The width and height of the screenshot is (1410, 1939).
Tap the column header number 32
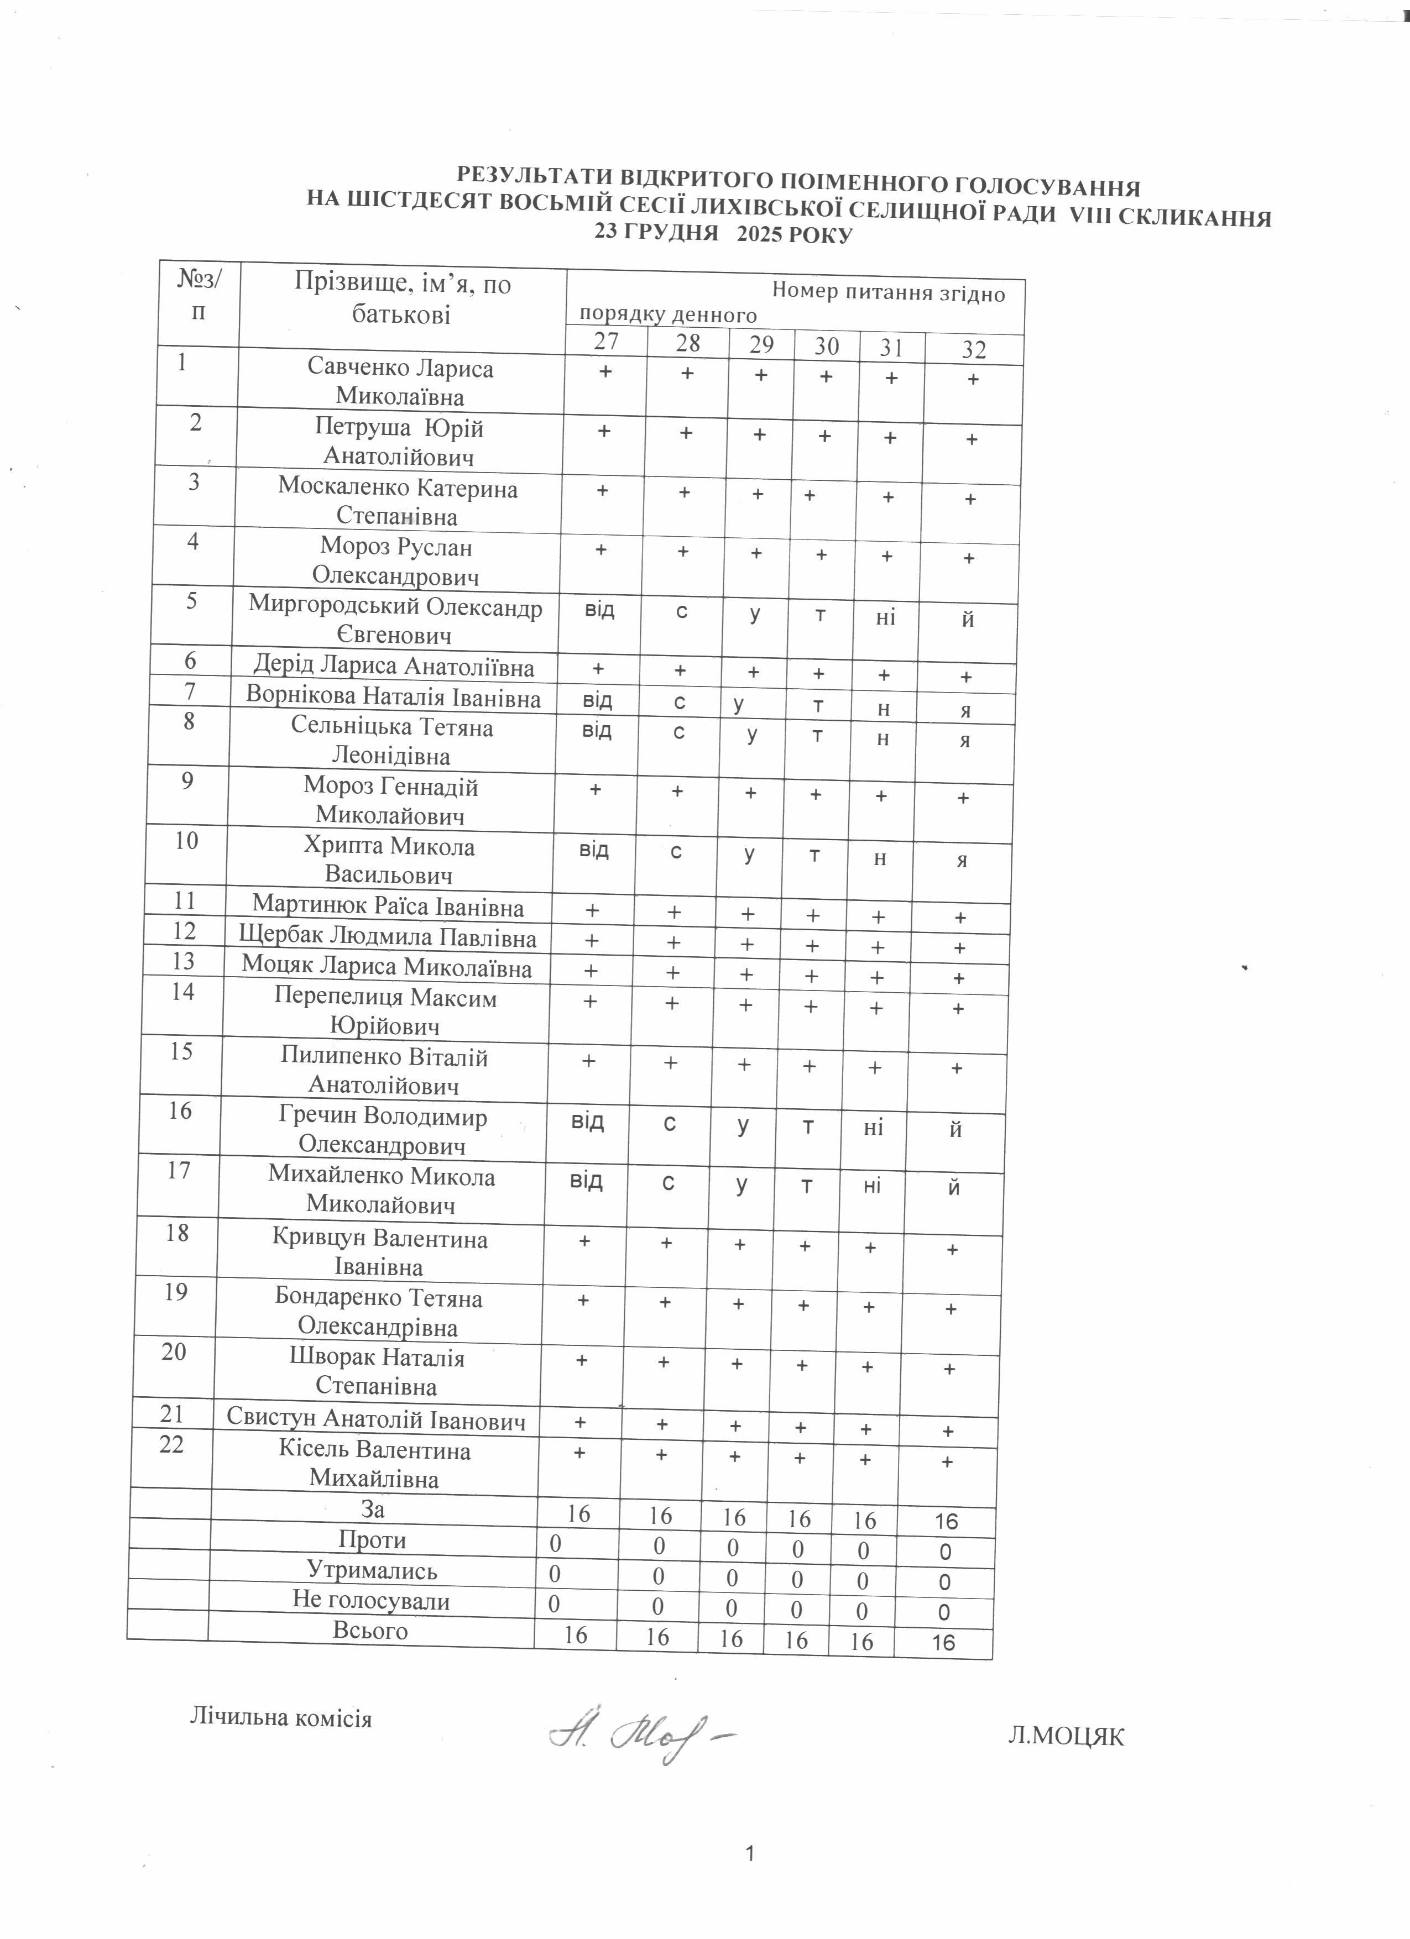pyautogui.click(x=974, y=350)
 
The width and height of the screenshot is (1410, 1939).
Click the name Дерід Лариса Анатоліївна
pyautogui.click(x=394, y=666)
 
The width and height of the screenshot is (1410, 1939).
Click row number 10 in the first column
pyautogui.click(x=186, y=841)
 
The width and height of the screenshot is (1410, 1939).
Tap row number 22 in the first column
pyautogui.click(x=172, y=1444)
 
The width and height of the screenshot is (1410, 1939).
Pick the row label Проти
pyautogui.click(x=373, y=1540)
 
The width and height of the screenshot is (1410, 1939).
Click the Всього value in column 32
pyautogui.click(x=943, y=1642)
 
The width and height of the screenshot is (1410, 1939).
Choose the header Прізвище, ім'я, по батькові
pyautogui.click(x=402, y=298)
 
